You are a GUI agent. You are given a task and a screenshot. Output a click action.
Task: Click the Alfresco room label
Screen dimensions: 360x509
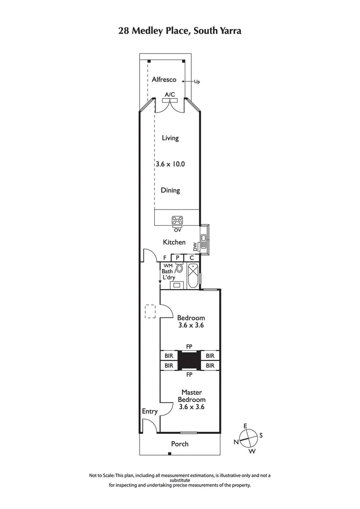pos(164,80)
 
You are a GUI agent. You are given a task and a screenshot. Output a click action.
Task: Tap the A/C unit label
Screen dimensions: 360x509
pos(170,94)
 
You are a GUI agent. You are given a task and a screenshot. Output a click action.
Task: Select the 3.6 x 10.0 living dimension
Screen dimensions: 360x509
pos(170,164)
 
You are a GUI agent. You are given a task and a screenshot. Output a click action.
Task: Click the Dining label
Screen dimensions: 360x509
pos(170,190)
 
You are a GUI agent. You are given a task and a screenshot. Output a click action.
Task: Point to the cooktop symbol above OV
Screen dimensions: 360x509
pos(177,221)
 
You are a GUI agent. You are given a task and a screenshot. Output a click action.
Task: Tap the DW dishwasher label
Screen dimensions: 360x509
pos(195,246)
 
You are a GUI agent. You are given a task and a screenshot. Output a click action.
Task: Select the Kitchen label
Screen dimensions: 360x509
pos(174,242)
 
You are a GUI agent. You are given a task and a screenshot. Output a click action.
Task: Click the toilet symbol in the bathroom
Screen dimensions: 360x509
pos(180,269)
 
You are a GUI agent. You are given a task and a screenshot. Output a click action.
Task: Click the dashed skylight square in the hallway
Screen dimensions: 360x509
pos(150,311)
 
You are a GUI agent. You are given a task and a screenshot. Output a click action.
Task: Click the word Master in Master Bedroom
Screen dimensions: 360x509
pos(191,392)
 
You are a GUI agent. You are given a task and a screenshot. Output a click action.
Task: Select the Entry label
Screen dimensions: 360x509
pos(150,411)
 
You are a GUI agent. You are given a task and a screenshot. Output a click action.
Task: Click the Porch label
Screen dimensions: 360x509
pos(180,444)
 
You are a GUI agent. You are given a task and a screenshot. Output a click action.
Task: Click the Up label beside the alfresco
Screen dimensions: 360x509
pos(197,82)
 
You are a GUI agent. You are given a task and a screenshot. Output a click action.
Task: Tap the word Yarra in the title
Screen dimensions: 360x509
pos(229,31)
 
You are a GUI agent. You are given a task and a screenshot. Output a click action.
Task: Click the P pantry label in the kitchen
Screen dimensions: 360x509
pos(178,258)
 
